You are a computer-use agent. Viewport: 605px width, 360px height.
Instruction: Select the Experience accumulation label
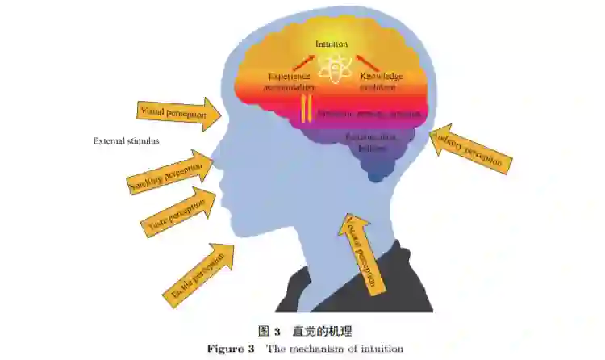(x=288, y=80)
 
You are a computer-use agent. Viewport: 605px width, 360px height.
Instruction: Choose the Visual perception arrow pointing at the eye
(x=181, y=113)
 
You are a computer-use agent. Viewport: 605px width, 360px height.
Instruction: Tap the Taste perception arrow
(x=178, y=211)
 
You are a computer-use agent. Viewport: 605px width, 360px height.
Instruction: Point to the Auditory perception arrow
(x=472, y=149)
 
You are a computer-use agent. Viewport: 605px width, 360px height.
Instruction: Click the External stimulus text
(x=126, y=140)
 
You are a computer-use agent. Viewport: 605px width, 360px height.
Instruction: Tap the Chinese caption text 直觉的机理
(x=322, y=331)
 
